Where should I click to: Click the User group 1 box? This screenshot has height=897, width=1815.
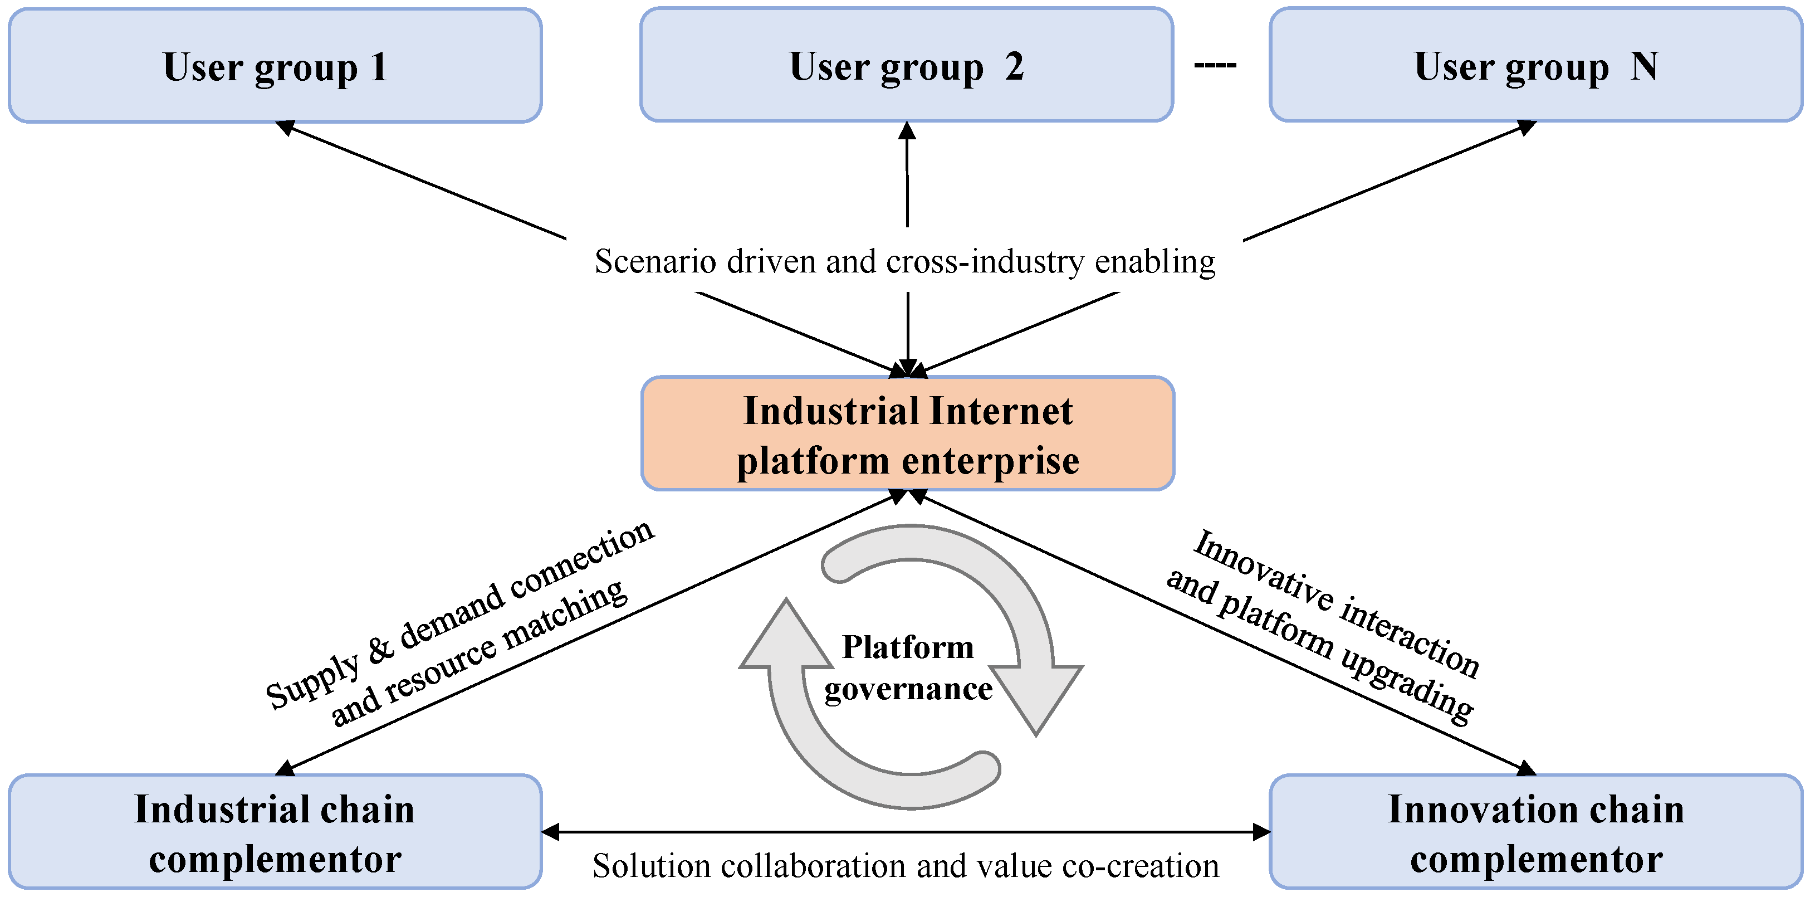275,66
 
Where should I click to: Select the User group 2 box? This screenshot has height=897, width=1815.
906,66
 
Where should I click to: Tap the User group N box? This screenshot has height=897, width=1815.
1536,66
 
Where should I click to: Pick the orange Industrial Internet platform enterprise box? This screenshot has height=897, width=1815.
908,433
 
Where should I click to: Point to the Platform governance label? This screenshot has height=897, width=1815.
908,667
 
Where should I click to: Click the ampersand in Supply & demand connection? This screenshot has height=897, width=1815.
381,649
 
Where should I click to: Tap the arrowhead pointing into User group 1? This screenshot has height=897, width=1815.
285,127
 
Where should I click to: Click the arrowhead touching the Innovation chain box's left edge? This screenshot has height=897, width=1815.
1261,832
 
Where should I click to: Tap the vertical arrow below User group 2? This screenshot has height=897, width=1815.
908,176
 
